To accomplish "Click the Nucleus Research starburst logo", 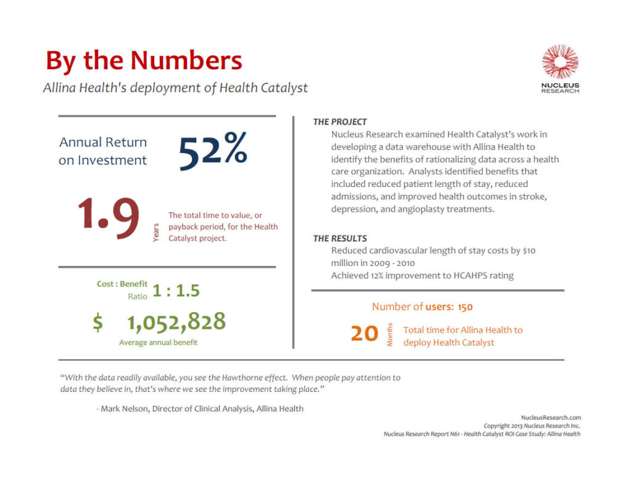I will click(560, 62).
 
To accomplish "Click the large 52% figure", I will click(213, 151).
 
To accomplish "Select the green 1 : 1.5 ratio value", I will click(176, 290).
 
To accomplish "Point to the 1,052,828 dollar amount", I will click(177, 321).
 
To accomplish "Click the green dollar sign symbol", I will click(98, 323).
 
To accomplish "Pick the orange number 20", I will click(364, 334).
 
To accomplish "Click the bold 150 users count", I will click(465, 307).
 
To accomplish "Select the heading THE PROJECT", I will click(339, 122).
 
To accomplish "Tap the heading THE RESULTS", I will click(339, 238).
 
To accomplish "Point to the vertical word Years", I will click(156, 232).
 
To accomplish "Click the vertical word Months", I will click(389, 334).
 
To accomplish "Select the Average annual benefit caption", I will click(158, 342).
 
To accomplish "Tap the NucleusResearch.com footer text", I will click(551, 418).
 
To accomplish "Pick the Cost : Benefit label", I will click(122, 284).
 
